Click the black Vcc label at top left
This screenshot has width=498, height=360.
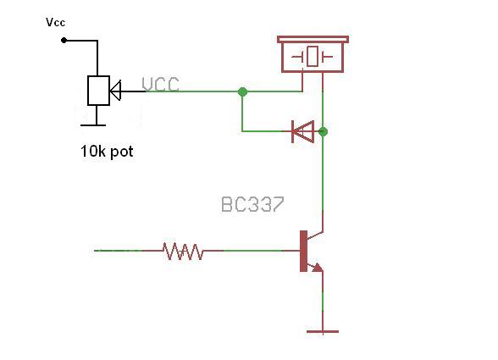pos(56,22)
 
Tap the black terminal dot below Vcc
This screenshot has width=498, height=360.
pos(64,41)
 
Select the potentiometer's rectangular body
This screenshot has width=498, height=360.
pos(99,91)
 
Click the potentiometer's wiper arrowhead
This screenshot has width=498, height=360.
pos(115,91)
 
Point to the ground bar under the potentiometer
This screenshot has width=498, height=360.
pos(93,125)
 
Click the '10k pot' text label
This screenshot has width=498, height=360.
pos(107,152)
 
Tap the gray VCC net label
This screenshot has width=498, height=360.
pos(160,85)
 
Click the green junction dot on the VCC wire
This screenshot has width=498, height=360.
pos(242,91)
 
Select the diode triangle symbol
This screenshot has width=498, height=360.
pos(303,131)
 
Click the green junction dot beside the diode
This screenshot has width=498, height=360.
pos(323,131)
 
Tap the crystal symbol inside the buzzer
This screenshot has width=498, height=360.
pos(313,57)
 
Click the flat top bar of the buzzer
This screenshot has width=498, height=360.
pos(313,40)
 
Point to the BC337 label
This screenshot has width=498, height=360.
pos(252,204)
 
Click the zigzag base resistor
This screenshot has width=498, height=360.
pos(183,252)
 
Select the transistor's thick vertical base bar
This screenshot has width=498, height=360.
pos(303,251)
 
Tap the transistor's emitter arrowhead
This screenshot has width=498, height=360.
pos(318,268)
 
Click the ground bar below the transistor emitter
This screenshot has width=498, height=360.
pos(323,331)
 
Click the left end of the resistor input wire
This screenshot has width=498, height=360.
pos(94,251)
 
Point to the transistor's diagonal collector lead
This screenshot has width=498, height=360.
pos(315,235)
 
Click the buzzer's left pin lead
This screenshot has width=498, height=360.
pos(302,81)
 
